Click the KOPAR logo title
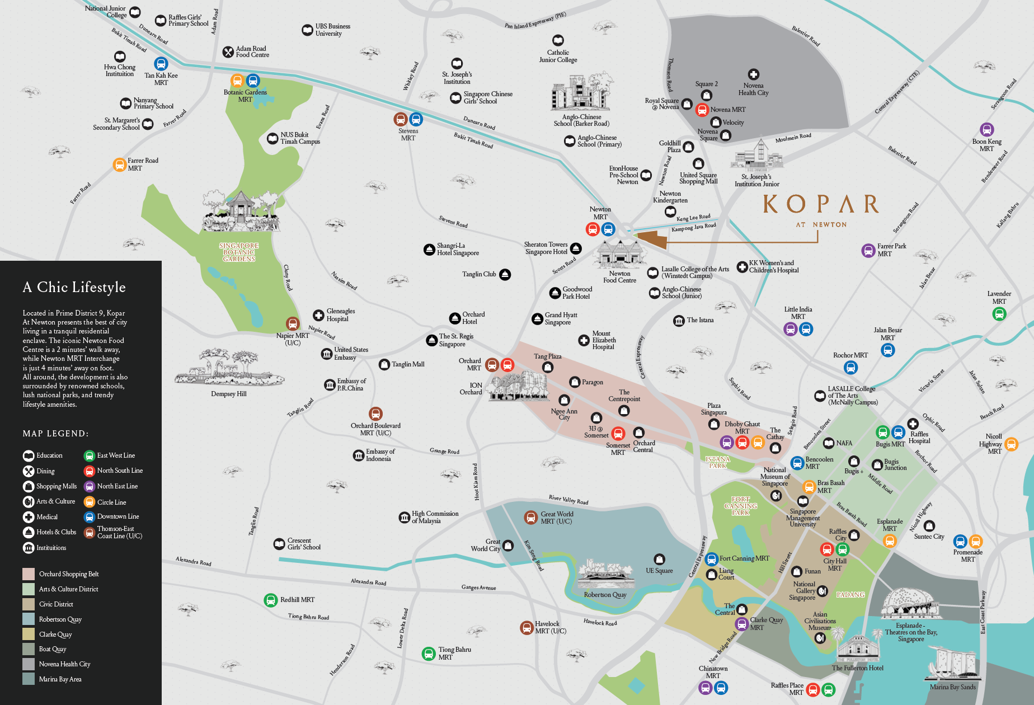click(x=821, y=204)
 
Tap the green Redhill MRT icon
click(x=271, y=600)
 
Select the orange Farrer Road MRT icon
click(x=119, y=164)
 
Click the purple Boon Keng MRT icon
click(x=987, y=130)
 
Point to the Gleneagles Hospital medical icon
click(x=318, y=315)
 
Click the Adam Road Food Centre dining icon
click(x=228, y=52)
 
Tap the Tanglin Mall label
click(x=408, y=364)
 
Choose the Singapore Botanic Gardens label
click(x=239, y=252)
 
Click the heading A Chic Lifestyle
click(x=74, y=287)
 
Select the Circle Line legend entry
click(x=111, y=502)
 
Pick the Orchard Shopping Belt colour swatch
click(x=29, y=574)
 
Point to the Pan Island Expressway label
click(x=535, y=21)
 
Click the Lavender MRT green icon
click(x=999, y=314)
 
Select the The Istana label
click(x=700, y=320)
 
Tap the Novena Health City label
click(x=753, y=90)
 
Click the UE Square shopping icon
click(x=660, y=560)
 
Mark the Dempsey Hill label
click(x=229, y=394)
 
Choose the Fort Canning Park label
click(x=740, y=506)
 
